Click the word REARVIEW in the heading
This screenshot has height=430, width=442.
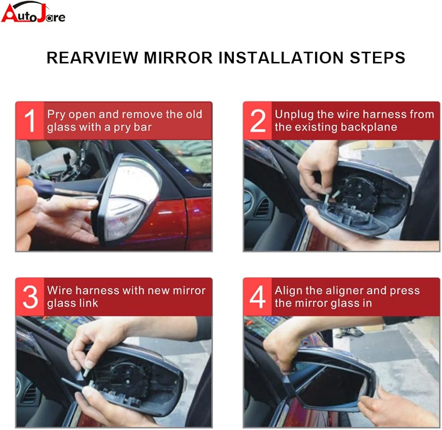click(92, 57)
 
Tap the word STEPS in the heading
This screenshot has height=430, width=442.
click(377, 57)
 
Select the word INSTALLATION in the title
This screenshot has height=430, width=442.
click(281, 57)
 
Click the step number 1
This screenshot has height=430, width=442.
click(30, 121)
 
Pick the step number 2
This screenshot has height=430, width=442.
click(258, 121)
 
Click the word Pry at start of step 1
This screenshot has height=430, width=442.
click(56, 115)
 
